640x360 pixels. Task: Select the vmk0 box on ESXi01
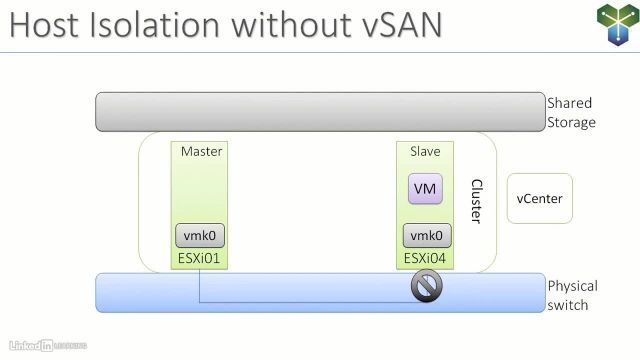point(200,236)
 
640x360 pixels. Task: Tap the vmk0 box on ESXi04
point(427,236)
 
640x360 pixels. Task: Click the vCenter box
point(540,198)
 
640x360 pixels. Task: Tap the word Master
point(201,151)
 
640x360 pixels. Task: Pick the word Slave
point(425,151)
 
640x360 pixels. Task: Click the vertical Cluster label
point(476,201)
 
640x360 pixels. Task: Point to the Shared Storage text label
point(571,112)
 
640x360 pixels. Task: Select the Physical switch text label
point(573,295)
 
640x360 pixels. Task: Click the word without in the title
point(283,26)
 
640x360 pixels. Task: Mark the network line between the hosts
point(300,300)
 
